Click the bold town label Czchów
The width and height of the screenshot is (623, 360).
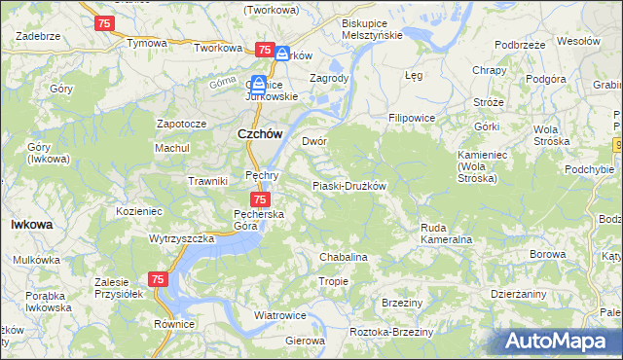[260, 134]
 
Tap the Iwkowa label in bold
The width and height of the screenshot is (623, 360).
[31, 224]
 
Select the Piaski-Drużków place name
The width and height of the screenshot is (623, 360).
[349, 186]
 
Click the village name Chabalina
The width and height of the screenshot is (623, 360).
[344, 257]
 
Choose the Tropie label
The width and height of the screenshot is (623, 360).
[333, 281]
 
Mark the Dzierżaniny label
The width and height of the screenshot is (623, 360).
[519, 293]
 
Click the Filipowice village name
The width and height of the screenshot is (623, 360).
[411, 118]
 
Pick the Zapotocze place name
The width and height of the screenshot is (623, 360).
[182, 125]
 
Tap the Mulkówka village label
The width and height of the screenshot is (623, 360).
[38, 260]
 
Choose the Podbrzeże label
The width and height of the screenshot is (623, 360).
[519, 45]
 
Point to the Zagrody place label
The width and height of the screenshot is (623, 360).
[328, 78]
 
